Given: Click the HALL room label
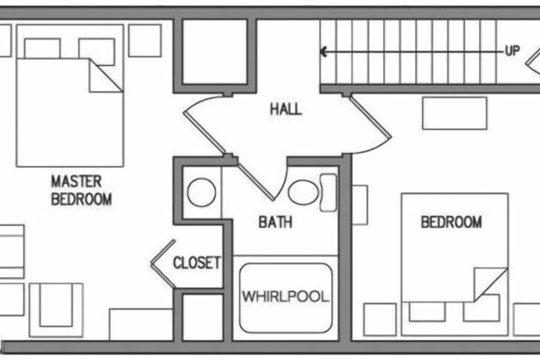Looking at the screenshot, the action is pyautogui.click(x=286, y=109).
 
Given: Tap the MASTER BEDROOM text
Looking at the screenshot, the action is pyautogui.click(x=81, y=190).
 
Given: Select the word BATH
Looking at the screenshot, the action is pyautogui.click(x=275, y=222).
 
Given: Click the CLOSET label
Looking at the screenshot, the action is pyautogui.click(x=196, y=262).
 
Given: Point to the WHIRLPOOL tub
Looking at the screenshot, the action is pyautogui.click(x=286, y=298).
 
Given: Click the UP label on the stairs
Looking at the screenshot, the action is pyautogui.click(x=512, y=51).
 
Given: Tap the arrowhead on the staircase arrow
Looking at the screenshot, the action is pyautogui.click(x=323, y=52).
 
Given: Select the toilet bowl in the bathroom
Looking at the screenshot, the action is pyautogui.click(x=303, y=192).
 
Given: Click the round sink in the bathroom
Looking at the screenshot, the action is pyautogui.click(x=202, y=192).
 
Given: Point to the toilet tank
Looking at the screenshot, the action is pyautogui.click(x=328, y=193).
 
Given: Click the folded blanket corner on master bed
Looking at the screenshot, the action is pyautogui.click(x=106, y=75).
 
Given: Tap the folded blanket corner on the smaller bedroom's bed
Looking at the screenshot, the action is pyautogui.click(x=490, y=284).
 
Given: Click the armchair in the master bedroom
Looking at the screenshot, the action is pyautogui.click(x=56, y=310).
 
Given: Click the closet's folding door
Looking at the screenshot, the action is pyautogui.click(x=163, y=263).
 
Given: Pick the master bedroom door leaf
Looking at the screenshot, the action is pyautogui.click(x=204, y=133).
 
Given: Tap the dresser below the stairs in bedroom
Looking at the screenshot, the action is pyautogui.click(x=454, y=113).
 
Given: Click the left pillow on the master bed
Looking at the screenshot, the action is pyautogui.click(x=42, y=49).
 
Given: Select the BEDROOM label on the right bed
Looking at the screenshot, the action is pyautogui.click(x=451, y=222).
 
